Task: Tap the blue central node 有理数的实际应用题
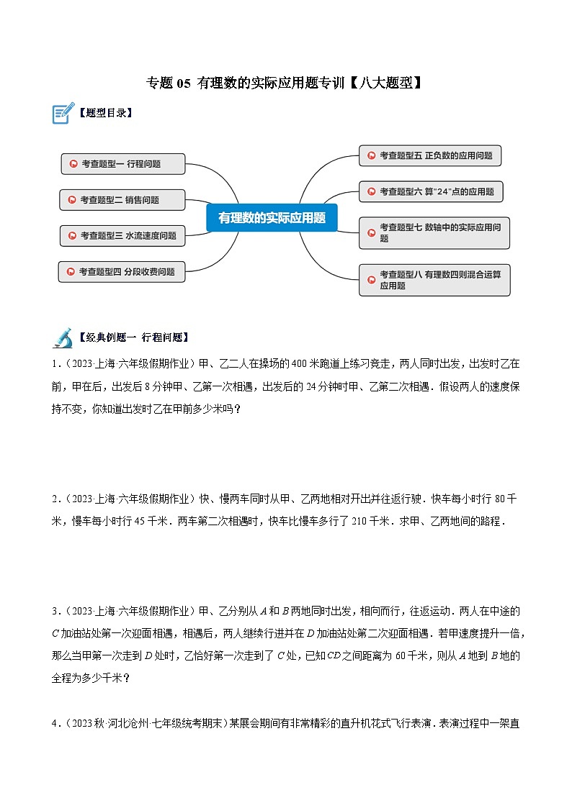point(272,217)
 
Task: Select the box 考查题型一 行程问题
point(123,164)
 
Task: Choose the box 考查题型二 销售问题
point(122,200)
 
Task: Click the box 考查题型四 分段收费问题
point(122,271)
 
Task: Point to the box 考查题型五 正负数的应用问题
point(430,155)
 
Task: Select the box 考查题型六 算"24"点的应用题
point(431,191)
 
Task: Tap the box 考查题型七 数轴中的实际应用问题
point(434,232)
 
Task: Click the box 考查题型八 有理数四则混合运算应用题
point(434,280)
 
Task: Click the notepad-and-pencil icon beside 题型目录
point(63,113)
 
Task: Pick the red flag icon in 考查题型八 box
point(371,275)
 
